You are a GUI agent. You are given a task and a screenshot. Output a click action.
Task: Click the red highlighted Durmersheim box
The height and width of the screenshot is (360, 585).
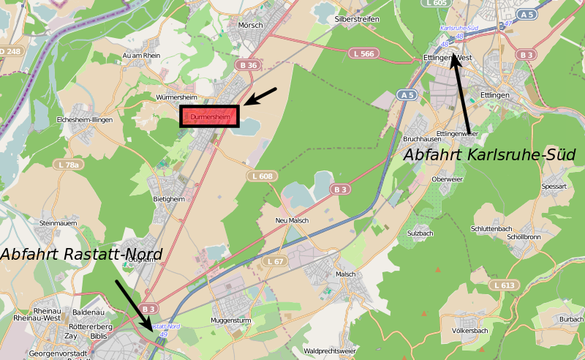[210, 116]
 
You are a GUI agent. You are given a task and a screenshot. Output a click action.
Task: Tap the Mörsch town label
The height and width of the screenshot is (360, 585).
[250, 25]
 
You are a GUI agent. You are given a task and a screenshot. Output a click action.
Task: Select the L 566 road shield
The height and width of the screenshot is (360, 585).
[363, 53]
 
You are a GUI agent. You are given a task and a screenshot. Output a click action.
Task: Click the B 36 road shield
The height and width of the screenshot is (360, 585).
[248, 65]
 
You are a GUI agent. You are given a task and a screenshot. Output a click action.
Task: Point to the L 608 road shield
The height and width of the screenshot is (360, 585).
[261, 176]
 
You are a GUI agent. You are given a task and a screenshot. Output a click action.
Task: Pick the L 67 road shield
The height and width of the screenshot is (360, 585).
[276, 260]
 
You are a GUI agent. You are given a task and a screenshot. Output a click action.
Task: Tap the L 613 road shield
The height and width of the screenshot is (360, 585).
[505, 285]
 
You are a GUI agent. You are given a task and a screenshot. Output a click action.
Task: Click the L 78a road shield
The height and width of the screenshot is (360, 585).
[67, 165]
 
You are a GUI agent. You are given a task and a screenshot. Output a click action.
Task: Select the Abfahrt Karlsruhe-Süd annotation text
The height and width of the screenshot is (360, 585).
[489, 155]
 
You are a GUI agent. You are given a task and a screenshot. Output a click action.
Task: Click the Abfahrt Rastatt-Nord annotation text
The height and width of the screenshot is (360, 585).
[81, 254]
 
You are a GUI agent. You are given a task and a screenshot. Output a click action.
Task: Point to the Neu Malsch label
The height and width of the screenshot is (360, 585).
[292, 220]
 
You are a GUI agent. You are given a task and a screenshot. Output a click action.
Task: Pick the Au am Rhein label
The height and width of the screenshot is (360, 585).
[142, 55]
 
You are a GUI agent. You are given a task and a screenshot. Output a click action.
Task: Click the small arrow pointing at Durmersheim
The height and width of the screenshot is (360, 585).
[260, 96]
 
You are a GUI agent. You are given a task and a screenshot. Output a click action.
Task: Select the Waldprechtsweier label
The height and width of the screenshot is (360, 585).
[330, 350]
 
